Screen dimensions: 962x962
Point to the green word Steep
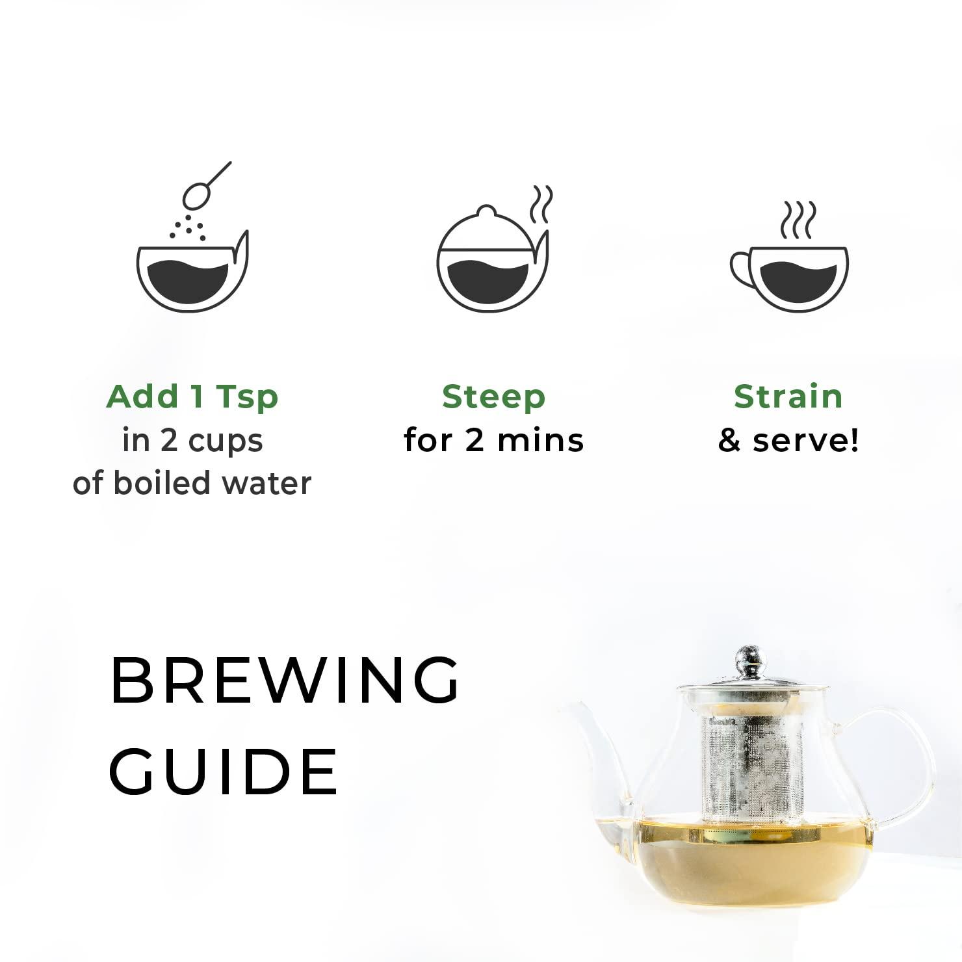pos(493,396)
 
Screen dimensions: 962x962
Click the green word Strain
pos(788,396)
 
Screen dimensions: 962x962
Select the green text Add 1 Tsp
pos(192,396)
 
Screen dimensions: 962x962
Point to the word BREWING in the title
pos(285,680)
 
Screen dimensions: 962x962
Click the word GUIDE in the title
pos(223,772)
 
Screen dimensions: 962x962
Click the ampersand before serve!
pos(729,441)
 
